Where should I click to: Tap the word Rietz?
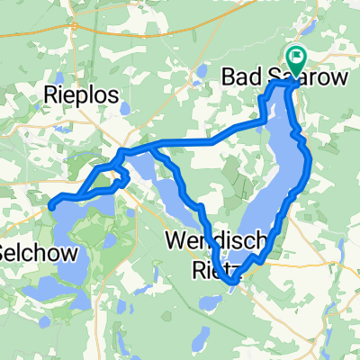pos(216,265)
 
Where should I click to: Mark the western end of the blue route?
pos(50,206)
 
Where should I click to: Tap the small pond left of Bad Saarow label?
pos(196,86)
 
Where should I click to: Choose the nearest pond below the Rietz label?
pos(210,307)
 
